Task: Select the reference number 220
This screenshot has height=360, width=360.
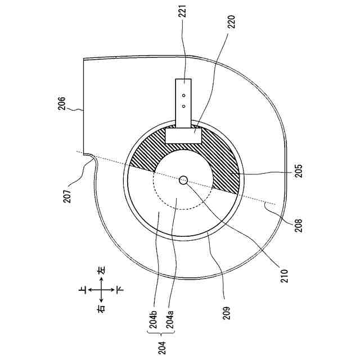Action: point(231,21)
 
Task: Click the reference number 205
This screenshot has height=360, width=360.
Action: point(298,170)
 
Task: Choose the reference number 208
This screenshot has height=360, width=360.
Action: point(299,226)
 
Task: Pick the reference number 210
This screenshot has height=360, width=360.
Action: point(284,276)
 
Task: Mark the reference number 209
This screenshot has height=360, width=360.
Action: point(226,313)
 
